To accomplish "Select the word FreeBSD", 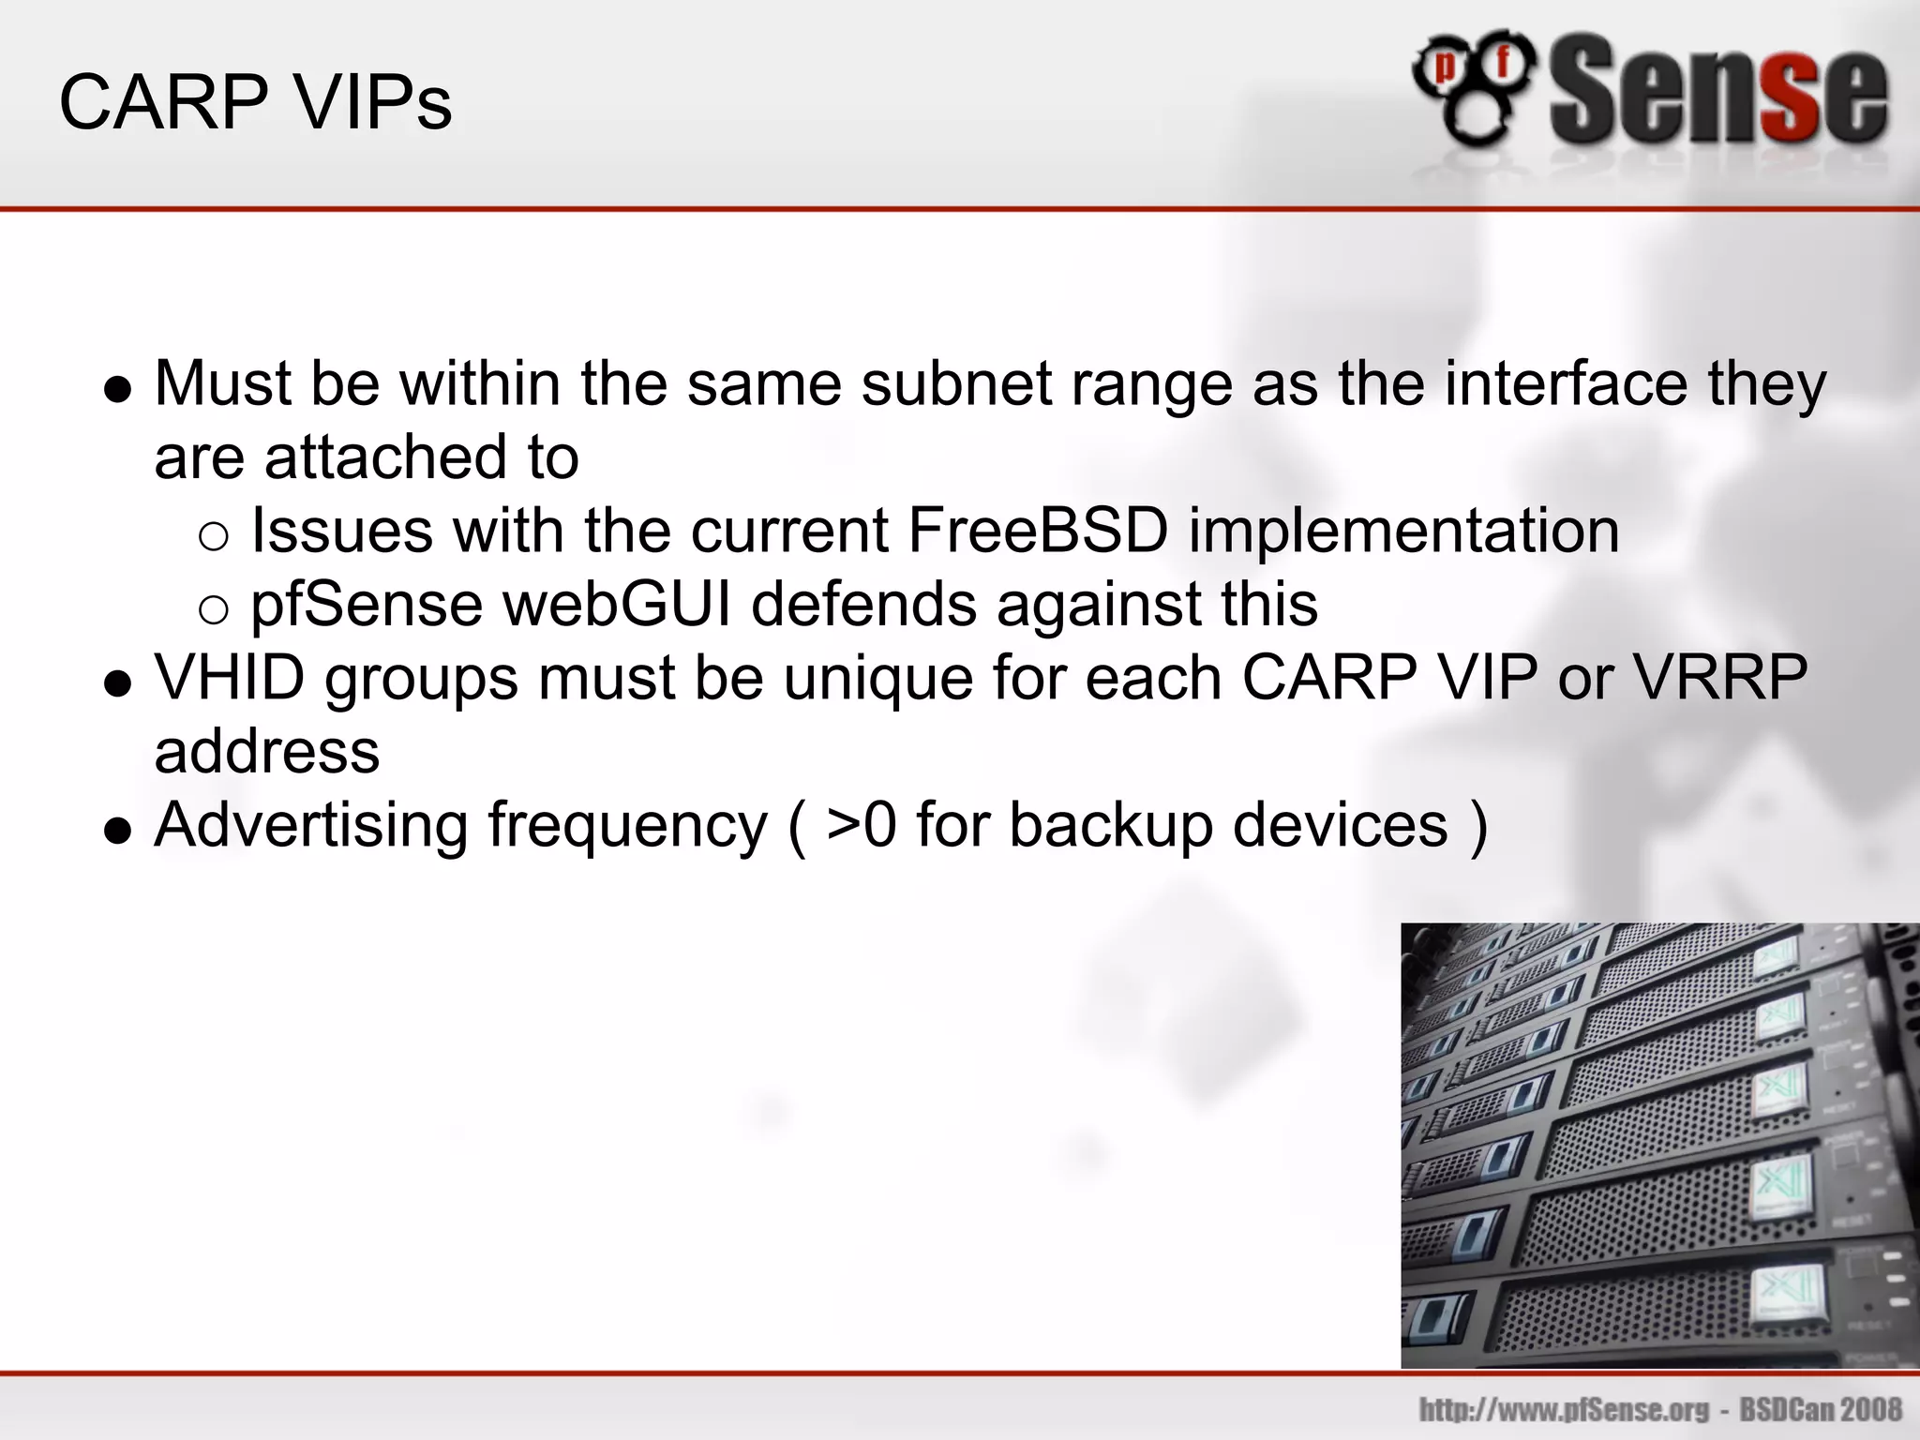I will point(1039,531).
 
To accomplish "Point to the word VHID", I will point(230,677).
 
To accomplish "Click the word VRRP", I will point(1720,677).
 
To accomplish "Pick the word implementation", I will point(1404,531).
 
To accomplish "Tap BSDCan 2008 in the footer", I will point(1821,1409).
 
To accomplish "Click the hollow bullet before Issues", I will point(214,535).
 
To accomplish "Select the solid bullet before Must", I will point(118,389).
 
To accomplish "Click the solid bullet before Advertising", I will point(118,831).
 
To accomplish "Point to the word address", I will point(267,752).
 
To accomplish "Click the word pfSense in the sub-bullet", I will point(367,604).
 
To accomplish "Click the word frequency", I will point(627,825).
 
